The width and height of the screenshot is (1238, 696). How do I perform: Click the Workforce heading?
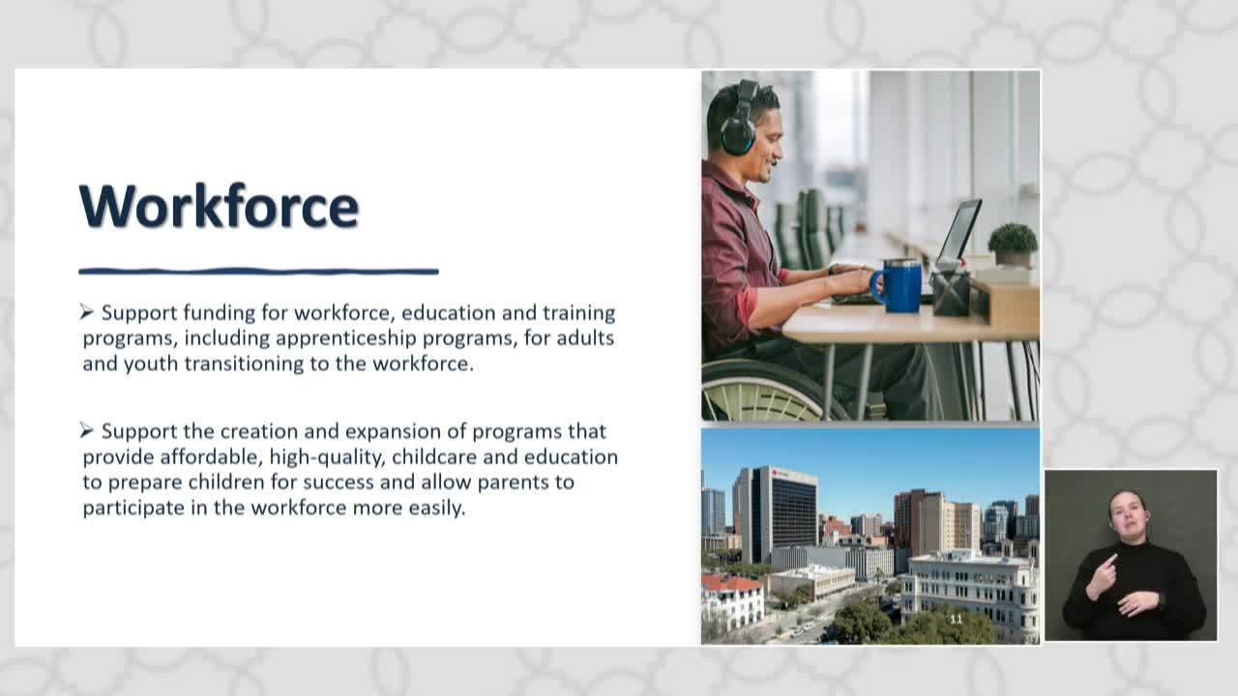(220, 206)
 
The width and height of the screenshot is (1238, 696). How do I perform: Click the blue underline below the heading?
(258, 272)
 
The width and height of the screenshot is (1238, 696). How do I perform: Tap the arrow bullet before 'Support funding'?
(86, 312)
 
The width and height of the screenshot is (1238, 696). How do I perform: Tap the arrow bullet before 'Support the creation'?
(86, 430)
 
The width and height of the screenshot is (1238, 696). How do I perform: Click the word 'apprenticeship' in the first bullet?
(346, 338)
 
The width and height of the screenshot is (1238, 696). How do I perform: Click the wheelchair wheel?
(768, 390)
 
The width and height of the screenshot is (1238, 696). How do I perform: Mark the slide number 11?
(956, 620)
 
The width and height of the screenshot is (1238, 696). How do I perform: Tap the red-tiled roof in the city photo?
(729, 583)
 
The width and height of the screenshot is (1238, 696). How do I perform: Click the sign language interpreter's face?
(1128, 511)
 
